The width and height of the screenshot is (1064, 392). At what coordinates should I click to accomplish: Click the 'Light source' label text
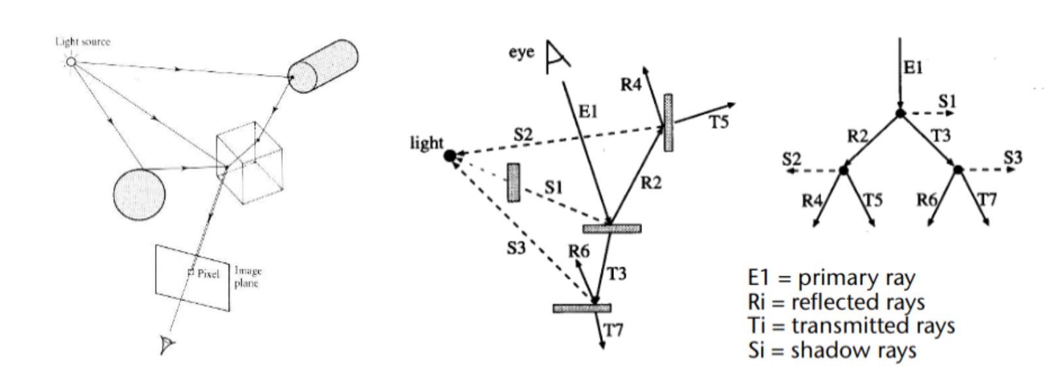(x=82, y=42)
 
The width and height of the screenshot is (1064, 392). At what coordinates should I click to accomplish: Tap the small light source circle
(x=71, y=62)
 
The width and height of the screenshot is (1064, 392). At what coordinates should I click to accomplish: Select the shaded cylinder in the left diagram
(x=324, y=66)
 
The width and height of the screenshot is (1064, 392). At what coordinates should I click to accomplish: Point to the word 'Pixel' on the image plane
(x=209, y=273)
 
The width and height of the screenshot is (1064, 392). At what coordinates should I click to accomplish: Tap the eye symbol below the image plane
(x=167, y=344)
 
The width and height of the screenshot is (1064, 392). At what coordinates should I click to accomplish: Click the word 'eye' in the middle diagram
(x=521, y=53)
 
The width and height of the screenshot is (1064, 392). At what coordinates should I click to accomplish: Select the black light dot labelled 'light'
(x=450, y=155)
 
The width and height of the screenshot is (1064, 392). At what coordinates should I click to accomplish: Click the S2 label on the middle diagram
(x=524, y=136)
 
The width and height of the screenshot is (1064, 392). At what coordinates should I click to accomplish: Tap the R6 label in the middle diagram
(x=579, y=252)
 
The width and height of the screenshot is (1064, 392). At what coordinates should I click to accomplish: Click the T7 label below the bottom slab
(x=612, y=331)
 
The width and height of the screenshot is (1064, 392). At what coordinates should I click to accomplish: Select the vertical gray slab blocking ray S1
(x=514, y=182)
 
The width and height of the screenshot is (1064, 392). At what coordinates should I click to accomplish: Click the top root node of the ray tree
(x=900, y=114)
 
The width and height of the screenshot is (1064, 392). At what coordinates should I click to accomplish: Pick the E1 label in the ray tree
(x=913, y=69)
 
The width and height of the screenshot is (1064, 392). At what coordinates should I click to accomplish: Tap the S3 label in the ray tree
(x=1013, y=157)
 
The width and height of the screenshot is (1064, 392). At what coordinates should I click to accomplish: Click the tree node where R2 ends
(x=843, y=170)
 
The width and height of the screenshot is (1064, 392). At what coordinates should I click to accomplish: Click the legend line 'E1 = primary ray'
(x=831, y=278)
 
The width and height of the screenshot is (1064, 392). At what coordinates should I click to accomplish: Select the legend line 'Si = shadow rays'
(x=832, y=350)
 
